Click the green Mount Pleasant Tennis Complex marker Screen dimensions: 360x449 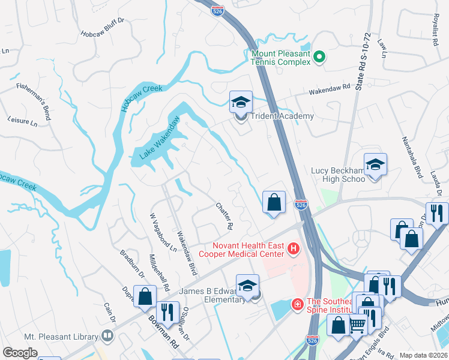319,58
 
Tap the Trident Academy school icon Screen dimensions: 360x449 241,102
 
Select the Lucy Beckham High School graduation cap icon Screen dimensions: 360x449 375,165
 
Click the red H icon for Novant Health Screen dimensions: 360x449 294,248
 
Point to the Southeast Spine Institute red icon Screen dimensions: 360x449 297,305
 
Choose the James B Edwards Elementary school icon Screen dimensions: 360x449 247,286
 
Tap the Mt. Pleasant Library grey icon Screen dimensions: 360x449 109,335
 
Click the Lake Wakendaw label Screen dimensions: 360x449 160,137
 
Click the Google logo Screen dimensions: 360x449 20,353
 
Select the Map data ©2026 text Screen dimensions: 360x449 423,355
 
